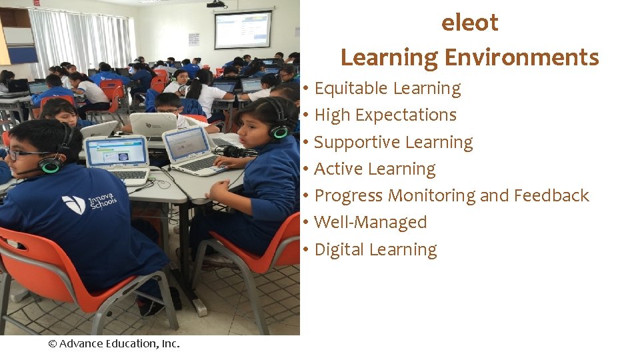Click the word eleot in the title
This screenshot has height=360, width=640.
469,23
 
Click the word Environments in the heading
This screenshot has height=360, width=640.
522,58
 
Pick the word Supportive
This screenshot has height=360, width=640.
354,143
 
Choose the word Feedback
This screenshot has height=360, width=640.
551,196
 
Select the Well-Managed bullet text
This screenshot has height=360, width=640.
370,223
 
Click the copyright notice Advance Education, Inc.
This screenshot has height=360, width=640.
114,344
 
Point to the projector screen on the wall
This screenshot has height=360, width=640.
243,31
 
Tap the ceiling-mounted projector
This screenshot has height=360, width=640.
217,4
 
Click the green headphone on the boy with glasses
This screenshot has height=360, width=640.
51,164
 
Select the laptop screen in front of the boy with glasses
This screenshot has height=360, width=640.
116,151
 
